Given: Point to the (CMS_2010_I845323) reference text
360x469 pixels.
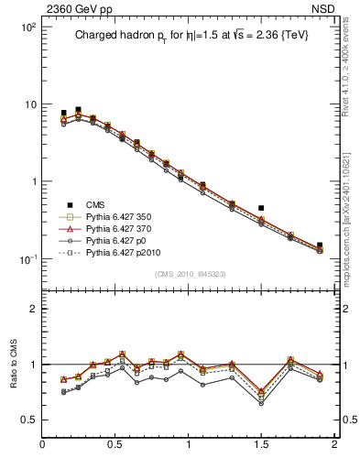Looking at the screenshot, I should pos(188,273).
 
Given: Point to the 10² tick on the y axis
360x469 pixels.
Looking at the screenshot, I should pos(27,27).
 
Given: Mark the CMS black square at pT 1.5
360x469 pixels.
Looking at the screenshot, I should pos(261,209).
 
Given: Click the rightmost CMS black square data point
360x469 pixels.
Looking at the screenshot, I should pos(320,245).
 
